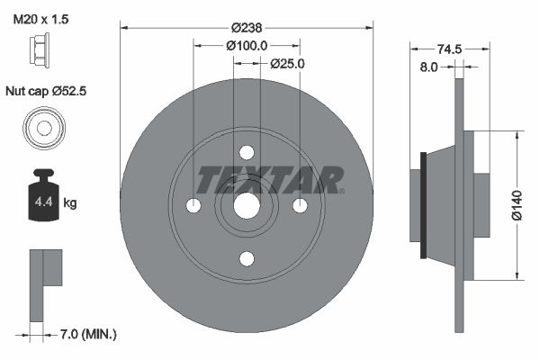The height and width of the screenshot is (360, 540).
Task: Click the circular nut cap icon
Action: pos(42,126)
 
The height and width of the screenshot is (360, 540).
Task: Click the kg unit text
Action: pos(70,203)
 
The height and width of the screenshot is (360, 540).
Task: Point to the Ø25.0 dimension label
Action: pos(287,63)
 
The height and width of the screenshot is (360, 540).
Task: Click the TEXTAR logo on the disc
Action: pos(270,180)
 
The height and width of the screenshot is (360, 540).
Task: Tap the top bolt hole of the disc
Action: pos(247,153)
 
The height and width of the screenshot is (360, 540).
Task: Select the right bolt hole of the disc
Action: pos(300,206)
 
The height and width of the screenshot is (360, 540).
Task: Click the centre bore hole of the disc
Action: pos(247,206)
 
